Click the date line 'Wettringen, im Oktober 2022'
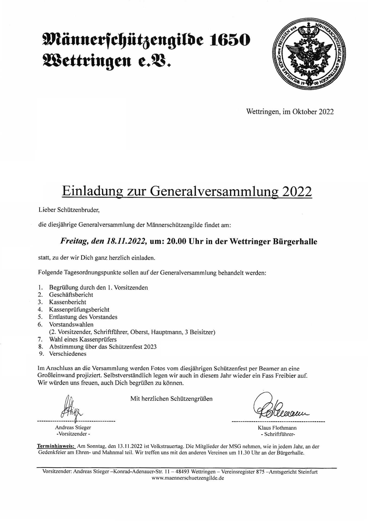pyautogui.click(x=290, y=112)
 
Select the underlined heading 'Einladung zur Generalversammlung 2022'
pyautogui.click(x=187, y=192)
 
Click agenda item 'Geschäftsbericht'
pyautogui.click(x=71, y=295)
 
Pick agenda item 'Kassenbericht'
pyautogui.click(x=68, y=302)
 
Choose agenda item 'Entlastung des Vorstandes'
pyautogui.click(x=83, y=317)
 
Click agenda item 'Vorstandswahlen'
pyautogui.click(x=71, y=324)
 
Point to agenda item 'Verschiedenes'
pyautogui.click(x=68, y=354)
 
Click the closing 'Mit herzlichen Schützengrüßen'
pyautogui.click(x=171, y=399)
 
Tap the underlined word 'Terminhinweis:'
pyautogui.click(x=56, y=446)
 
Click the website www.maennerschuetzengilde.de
pyautogui.click(x=188, y=478)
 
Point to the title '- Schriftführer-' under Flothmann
pyautogui.click(x=278, y=434)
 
